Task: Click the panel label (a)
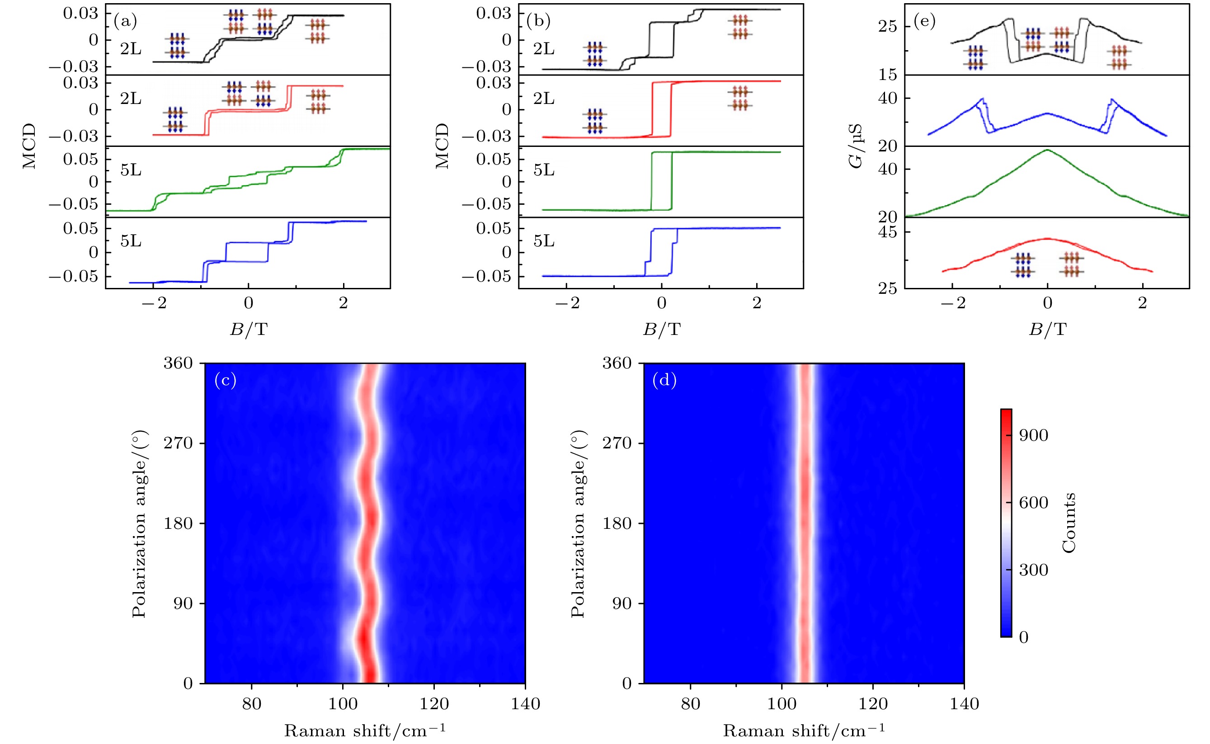[125, 21]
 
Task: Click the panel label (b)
[538, 21]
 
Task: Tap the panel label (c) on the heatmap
[226, 381]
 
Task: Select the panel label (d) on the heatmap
[664, 381]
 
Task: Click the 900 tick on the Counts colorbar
[1033, 435]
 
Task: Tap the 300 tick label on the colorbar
[1033, 570]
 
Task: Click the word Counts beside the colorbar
[1069, 523]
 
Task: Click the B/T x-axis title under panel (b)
[662, 329]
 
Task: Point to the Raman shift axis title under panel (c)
[365, 731]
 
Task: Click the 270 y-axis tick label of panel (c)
[178, 443]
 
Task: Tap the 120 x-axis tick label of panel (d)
[873, 704]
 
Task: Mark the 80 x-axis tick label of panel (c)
[251, 704]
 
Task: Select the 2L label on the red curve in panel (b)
[544, 99]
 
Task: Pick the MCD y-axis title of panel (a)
[29, 146]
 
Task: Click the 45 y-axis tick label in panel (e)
[888, 232]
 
